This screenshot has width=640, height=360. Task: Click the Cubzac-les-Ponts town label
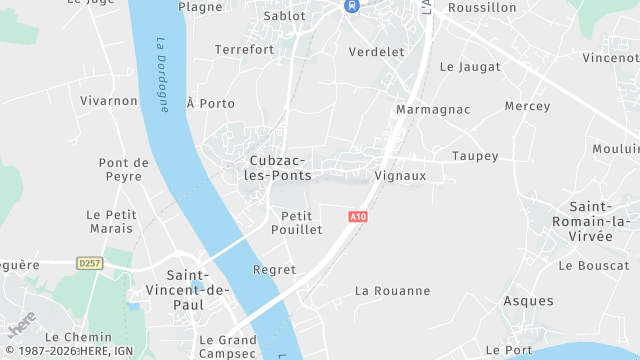click(279, 167)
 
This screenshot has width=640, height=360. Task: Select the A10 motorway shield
click(359, 216)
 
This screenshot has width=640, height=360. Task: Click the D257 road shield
click(90, 263)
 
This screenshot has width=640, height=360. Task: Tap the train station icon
click(351, 5)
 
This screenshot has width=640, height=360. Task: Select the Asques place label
click(528, 301)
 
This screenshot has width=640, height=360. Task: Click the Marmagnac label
click(433, 108)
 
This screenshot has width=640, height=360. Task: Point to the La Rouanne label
click(393, 291)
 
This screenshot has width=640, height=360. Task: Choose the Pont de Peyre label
click(124, 169)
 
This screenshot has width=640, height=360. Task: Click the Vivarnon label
click(108, 100)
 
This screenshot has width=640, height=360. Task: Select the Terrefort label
click(244, 49)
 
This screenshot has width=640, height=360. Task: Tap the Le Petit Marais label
click(110, 221)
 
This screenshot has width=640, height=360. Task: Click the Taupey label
click(475, 155)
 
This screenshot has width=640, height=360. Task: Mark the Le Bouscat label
click(594, 266)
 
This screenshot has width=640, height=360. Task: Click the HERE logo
click(22, 327)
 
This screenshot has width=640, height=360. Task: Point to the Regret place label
click(275, 270)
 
